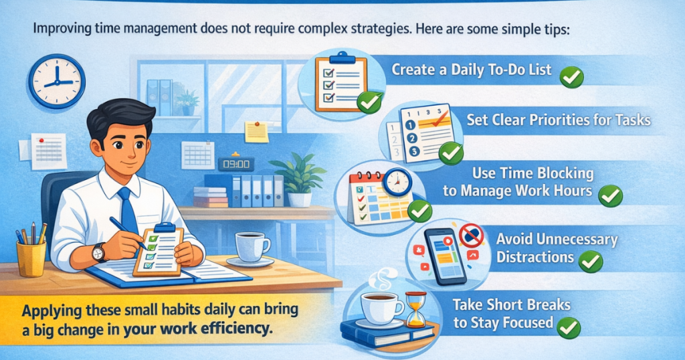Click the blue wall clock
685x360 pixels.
coord(56,81)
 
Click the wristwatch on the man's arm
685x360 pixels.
coord(99,252)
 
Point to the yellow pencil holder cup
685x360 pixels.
coord(31,257)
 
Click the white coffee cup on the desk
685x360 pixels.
coord(252,246)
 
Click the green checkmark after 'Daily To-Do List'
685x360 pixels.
coord(571,76)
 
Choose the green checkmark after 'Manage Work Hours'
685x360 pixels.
coord(610,195)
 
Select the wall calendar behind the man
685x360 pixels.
coord(198,154)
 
